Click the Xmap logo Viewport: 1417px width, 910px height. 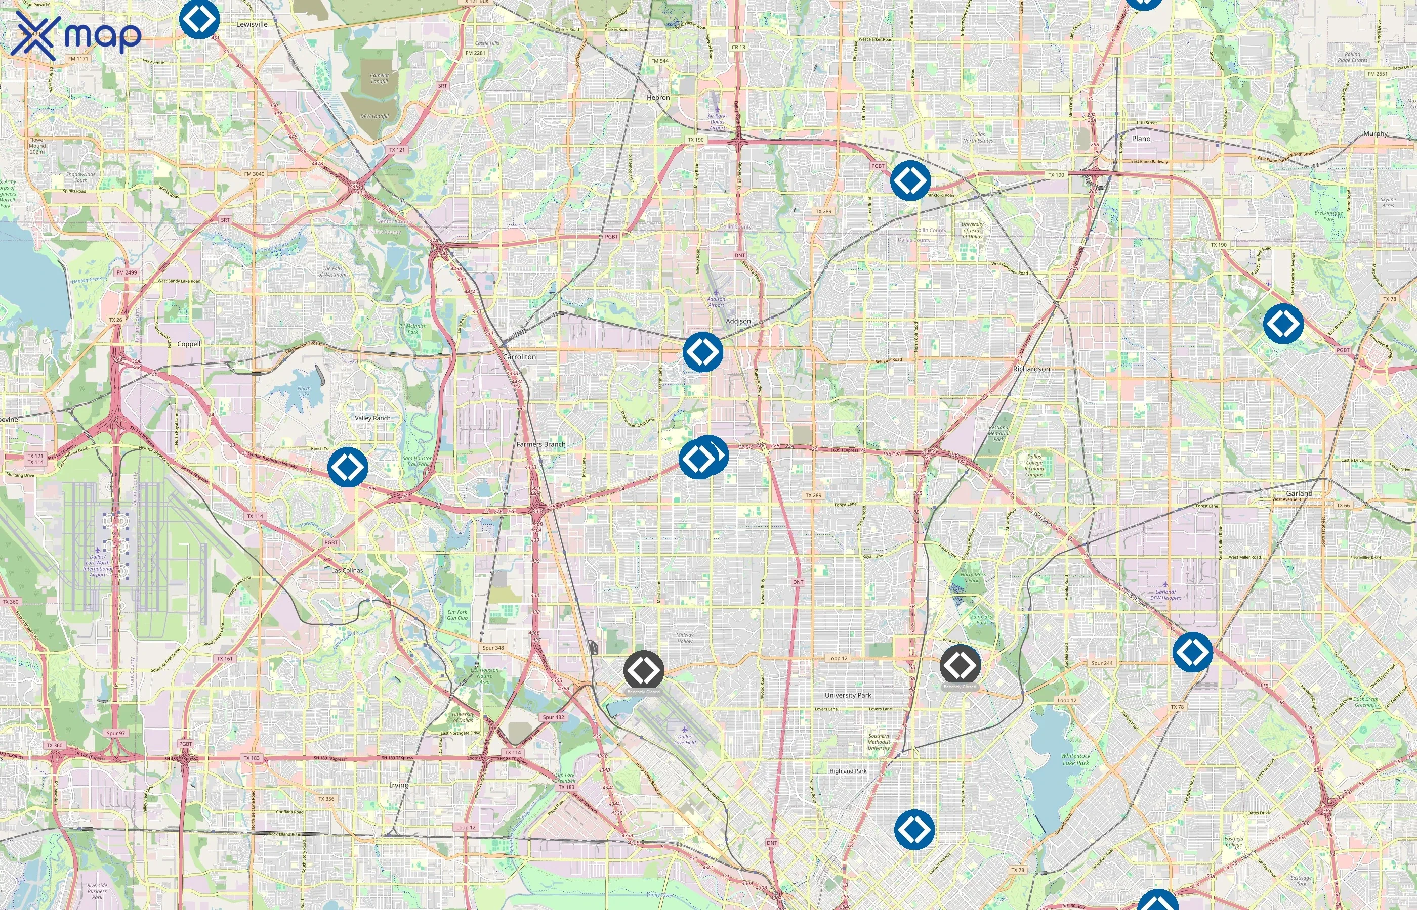point(77,35)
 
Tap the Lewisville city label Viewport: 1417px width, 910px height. point(252,24)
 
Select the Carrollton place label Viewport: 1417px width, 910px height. point(519,357)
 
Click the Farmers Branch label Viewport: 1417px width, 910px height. point(540,444)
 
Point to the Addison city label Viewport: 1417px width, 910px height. point(738,321)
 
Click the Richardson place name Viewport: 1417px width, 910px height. point(1031,369)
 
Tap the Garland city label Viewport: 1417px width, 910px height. point(1299,493)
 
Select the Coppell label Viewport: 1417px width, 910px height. point(189,344)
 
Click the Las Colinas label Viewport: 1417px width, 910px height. point(347,570)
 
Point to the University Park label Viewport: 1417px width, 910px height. point(848,695)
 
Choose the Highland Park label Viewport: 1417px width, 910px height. point(848,771)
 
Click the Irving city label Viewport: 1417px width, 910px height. point(399,785)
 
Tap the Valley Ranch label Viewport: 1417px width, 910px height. point(372,418)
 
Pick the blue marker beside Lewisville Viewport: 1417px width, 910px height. point(199,19)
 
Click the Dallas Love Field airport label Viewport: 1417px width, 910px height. point(685,739)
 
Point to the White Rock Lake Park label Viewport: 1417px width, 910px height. point(1075,759)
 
